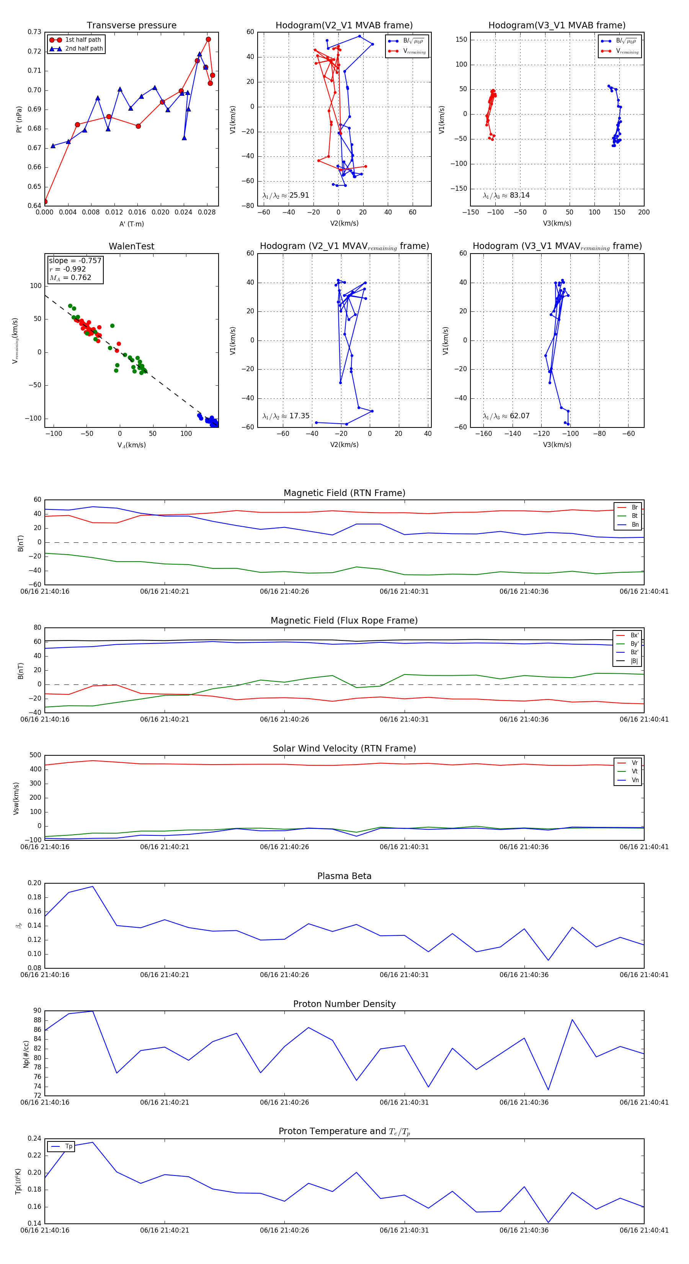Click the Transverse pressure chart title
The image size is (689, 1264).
131,26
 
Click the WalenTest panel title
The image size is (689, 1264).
131,246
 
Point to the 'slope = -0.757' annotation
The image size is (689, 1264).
75,260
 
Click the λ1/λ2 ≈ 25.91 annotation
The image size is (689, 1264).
286,195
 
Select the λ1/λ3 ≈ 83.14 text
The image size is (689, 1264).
506,195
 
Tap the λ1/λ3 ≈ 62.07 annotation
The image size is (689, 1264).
506,416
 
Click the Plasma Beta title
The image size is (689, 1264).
344,876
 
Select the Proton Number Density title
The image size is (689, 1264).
344,1004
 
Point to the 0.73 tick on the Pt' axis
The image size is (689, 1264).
34,32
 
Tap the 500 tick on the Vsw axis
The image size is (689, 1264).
35,755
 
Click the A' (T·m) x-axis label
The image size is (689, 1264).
131,224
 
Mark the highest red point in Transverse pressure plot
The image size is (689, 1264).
208,39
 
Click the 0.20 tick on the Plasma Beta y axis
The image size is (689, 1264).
34,883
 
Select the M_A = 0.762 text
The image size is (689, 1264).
70,278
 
